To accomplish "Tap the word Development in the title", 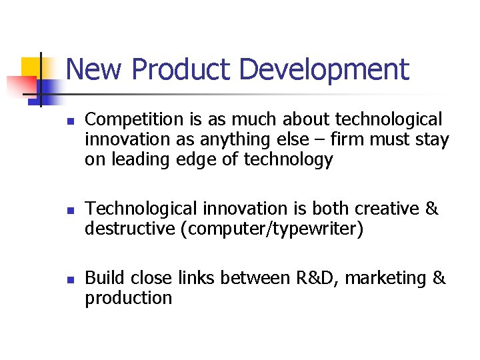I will (324, 69).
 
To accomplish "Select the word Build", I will (105, 278).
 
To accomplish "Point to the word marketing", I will (387, 278).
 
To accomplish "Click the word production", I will (128, 298).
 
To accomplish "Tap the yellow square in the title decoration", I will (32, 67).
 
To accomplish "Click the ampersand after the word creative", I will (432, 209).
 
